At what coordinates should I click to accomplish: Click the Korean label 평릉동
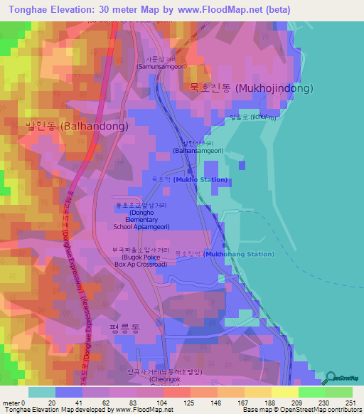coord(125,327)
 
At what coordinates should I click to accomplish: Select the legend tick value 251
coord(350,403)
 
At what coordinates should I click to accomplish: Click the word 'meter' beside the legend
coord(10,403)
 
